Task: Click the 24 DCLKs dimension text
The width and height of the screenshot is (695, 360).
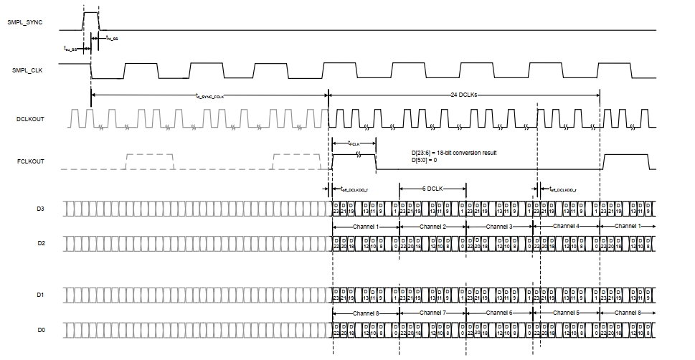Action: click(x=464, y=95)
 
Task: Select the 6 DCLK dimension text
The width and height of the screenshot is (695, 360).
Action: click(x=432, y=188)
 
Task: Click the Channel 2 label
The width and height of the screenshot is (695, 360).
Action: click(x=432, y=226)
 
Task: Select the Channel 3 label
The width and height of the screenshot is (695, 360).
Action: click(x=499, y=226)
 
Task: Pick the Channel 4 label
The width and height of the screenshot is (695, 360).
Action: click(x=566, y=226)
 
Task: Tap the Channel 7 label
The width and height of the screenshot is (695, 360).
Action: click(x=432, y=313)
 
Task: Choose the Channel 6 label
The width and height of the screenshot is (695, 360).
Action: click(x=499, y=313)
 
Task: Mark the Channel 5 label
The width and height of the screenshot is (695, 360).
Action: click(x=566, y=313)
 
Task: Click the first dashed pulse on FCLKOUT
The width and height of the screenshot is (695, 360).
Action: click(x=150, y=161)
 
